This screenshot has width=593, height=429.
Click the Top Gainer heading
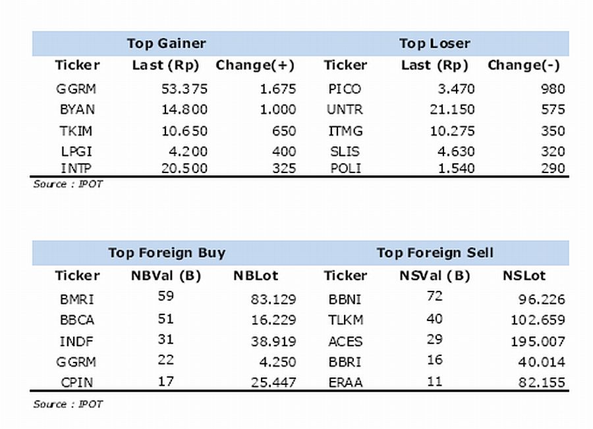coord(167,43)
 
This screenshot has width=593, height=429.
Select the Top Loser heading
coord(435,43)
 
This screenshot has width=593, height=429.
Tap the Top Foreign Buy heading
coord(167,253)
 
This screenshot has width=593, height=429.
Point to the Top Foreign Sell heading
coord(435,253)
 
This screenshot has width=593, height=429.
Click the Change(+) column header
coord(255,65)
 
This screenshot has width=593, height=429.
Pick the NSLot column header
coord(524,276)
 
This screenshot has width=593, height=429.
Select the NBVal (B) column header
coord(165,276)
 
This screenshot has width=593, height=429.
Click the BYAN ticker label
coord(77,109)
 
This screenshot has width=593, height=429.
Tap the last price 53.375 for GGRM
coord(184,89)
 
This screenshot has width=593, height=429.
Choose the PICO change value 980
coord(553,89)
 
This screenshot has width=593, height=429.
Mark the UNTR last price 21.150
coord(452,109)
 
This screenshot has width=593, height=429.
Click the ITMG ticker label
coord(345,131)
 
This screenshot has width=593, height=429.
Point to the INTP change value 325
coord(284,168)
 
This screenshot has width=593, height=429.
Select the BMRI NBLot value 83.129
coord(273,299)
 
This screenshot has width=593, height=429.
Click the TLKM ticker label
coord(345,320)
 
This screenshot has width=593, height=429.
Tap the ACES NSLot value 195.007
coord(538,341)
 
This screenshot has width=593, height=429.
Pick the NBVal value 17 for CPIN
coord(165,382)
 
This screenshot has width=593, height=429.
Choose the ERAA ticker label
coord(345,382)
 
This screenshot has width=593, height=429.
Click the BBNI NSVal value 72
coord(435,295)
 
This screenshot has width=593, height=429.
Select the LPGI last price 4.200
coord(188,151)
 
